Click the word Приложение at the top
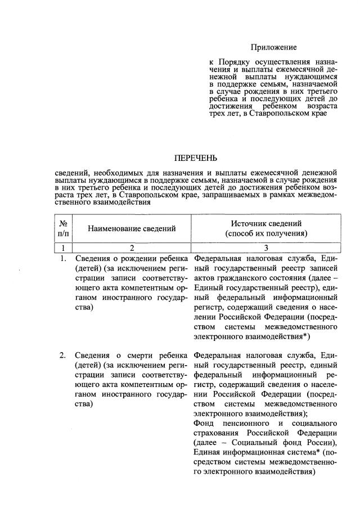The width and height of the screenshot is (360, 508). (273, 47)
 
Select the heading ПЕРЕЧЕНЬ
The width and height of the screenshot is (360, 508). (196, 158)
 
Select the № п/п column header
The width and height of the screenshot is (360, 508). (64, 228)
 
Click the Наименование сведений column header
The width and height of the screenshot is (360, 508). (131, 228)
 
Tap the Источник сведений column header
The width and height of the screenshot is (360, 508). (266, 228)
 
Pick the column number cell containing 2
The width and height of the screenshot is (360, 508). (131, 248)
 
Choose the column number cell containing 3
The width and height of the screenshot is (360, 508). (266, 248)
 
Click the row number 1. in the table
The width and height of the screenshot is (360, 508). (64, 259)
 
